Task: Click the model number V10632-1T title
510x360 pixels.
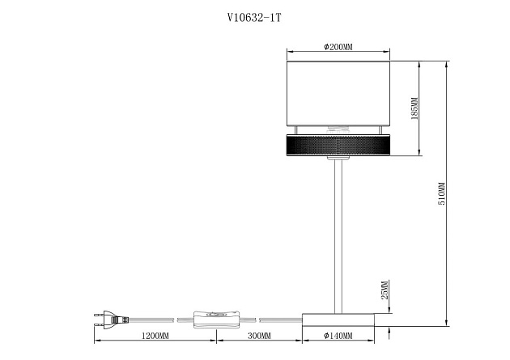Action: tap(253, 18)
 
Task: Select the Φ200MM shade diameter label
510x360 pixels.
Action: tap(338, 47)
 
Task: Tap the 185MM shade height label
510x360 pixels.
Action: tap(414, 108)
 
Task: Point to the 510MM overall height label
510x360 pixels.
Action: tap(442, 193)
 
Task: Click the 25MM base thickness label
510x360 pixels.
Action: tap(385, 290)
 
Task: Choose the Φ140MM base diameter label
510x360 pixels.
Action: tap(338, 336)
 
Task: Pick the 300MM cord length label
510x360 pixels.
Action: tap(259, 336)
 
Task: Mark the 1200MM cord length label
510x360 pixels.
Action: tap(155, 336)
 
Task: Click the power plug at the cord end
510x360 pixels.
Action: tap(111, 320)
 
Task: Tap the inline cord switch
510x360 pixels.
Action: tap(216, 320)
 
